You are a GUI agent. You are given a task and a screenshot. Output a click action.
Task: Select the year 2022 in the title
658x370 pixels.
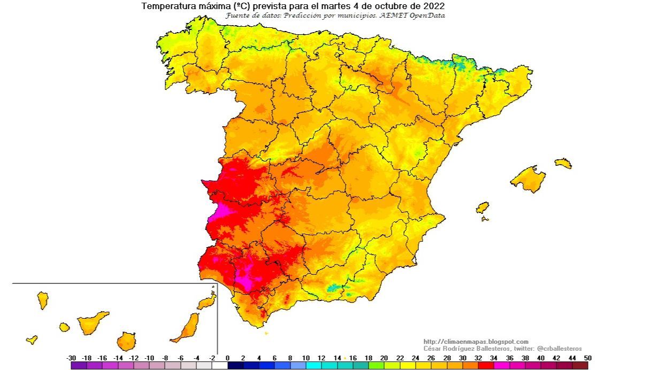click(433, 6)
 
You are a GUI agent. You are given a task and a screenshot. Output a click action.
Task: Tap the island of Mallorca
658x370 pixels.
click(529, 179)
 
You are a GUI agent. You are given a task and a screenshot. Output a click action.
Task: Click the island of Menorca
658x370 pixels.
click(563, 163)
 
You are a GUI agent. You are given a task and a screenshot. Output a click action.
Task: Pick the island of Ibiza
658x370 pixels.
click(483, 207)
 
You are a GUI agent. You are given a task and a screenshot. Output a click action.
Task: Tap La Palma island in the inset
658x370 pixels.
click(43, 300)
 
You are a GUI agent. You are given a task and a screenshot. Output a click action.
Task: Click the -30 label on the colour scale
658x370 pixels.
click(71, 358)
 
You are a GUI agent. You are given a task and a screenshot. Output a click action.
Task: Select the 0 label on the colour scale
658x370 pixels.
click(227, 358)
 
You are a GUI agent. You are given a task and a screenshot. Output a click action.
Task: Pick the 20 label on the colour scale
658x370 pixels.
click(384, 358)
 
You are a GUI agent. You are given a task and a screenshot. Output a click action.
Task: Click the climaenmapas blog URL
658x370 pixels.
click(476, 342)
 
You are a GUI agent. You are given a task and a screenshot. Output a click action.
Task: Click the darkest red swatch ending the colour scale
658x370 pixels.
click(580, 366)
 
